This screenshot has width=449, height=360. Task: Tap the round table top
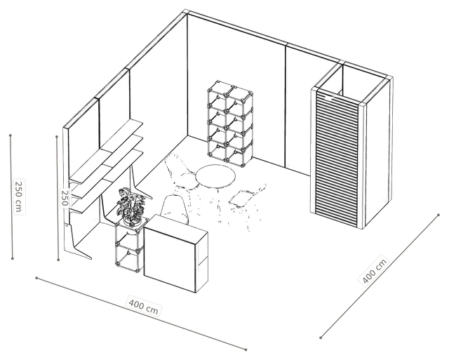(x=215, y=176)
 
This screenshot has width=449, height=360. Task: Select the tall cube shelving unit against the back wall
(x=230, y=124)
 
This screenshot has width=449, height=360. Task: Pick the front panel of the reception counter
(x=170, y=253)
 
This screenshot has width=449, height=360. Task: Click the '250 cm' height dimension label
(x=19, y=196)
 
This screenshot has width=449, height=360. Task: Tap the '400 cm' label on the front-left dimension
(x=144, y=307)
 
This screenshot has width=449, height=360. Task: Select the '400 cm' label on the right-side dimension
(x=374, y=270)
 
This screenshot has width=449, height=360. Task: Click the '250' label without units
(x=65, y=198)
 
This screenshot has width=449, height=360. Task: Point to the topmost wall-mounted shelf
(x=107, y=152)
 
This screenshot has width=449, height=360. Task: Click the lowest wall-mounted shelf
(x=107, y=181)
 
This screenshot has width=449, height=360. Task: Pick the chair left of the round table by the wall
(x=182, y=173)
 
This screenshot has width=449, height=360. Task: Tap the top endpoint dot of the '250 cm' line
(x=11, y=135)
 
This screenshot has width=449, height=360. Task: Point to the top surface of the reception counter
(x=175, y=229)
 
